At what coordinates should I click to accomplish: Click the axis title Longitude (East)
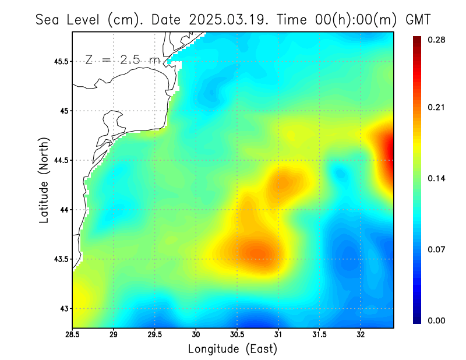click(232, 349)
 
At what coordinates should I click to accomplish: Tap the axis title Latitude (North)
click(44, 181)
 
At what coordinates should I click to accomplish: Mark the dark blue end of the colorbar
click(418, 320)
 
